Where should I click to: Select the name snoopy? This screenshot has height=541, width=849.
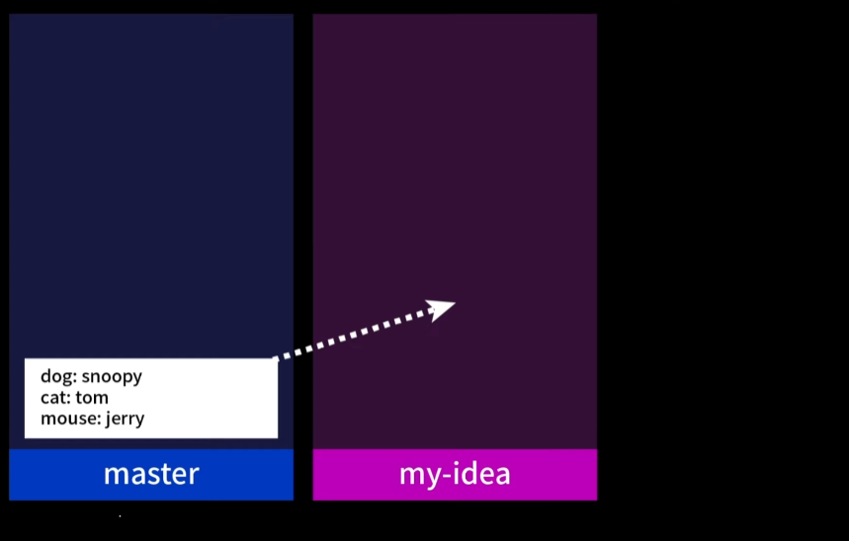(112, 377)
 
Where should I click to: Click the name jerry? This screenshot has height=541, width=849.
(126, 419)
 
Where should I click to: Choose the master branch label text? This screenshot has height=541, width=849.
(151, 474)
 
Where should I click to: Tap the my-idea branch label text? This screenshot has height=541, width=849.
(455, 474)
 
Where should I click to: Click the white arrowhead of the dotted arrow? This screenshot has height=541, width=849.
(442, 308)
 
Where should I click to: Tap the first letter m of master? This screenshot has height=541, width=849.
(113, 475)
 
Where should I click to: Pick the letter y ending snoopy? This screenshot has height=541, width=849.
(137, 379)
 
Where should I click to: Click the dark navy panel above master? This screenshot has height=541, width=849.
(151, 178)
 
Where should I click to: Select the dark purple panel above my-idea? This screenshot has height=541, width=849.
(455, 178)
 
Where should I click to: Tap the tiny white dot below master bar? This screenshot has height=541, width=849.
(120, 515)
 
